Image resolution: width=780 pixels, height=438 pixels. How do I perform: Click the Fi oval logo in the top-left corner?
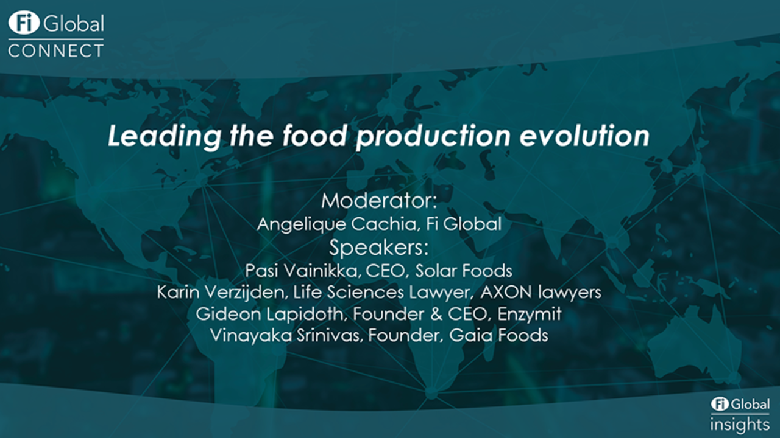pos(24,23)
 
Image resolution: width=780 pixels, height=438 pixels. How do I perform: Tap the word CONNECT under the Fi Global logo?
pos(55,50)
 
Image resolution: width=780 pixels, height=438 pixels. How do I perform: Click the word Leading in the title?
pos(165,136)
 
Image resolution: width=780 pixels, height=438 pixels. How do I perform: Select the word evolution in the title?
pos(584,135)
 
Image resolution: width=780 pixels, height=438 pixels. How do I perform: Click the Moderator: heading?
pos(379,201)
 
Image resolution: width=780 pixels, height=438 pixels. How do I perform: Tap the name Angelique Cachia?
pos(336,224)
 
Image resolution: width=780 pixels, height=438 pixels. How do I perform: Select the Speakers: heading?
pos(379,248)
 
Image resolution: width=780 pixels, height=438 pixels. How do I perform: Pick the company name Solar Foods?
pos(464,271)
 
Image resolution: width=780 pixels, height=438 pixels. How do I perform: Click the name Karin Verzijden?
pos(221,292)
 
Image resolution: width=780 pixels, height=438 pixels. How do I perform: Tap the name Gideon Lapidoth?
pos(269,314)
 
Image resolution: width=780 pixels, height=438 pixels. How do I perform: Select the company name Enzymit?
pos(530,314)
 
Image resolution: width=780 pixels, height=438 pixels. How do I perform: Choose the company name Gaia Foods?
pos(498,335)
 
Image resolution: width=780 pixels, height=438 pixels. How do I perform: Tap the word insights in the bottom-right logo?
pos(740,425)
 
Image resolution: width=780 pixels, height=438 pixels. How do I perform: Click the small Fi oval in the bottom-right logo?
pos(720,404)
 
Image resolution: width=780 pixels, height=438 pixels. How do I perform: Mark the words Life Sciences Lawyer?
pos(381,292)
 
